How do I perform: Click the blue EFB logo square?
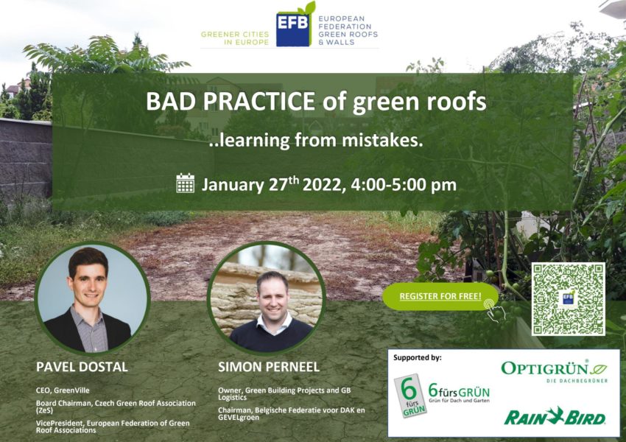[293, 29]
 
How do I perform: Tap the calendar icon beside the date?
[186, 183]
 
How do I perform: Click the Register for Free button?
[440, 296]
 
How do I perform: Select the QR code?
[568, 299]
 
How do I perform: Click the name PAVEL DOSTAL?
[82, 367]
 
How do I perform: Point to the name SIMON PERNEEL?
[269, 367]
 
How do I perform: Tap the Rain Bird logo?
[555, 416]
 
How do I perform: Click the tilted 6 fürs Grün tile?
[410, 396]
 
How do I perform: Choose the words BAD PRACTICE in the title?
[231, 102]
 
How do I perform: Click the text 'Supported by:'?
[417, 357]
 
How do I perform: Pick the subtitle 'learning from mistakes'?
[315, 140]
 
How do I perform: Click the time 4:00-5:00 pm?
[404, 185]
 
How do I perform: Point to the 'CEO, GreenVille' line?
[63, 390]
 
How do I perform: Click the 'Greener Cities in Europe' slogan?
[235, 38]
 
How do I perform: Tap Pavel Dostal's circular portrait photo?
[92, 298]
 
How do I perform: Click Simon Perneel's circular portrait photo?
[267, 298]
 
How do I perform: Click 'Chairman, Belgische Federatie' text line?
[292, 414]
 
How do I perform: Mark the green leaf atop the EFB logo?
[308, 8]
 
